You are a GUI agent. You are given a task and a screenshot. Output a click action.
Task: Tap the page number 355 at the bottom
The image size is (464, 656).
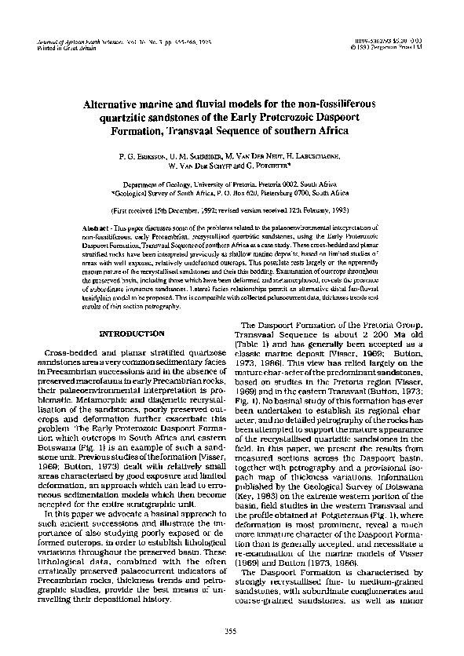point(232,632)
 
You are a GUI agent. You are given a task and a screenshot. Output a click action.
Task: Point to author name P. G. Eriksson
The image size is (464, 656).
point(143,157)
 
